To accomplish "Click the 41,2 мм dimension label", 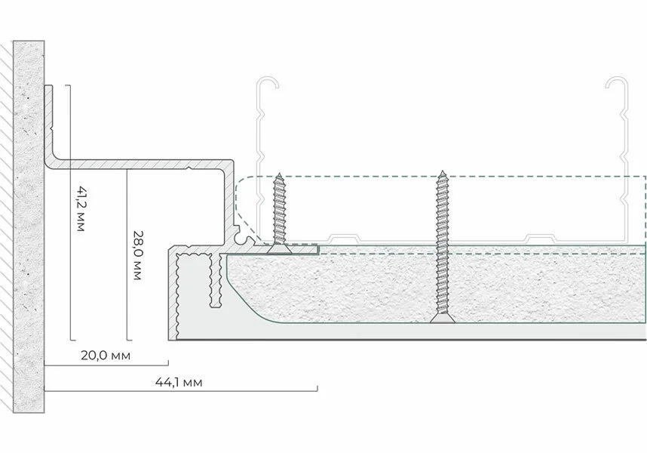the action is pyautogui.click(x=81, y=208).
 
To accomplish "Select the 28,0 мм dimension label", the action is pyautogui.click(x=138, y=255).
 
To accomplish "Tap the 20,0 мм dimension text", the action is pyautogui.click(x=106, y=355).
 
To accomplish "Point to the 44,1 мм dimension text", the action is pyautogui.click(x=179, y=382).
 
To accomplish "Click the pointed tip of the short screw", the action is pyautogui.click(x=279, y=174).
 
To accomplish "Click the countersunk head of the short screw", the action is pyautogui.click(x=279, y=248).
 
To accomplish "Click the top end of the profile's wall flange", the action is pyautogui.click(x=49, y=86).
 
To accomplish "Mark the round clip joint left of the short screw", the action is pyautogui.click(x=239, y=239).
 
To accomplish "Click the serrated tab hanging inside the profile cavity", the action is pyautogui.click(x=215, y=281).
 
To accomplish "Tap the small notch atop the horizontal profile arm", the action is pyautogui.click(x=189, y=168).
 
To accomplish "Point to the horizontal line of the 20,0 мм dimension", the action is pyautogui.click(x=106, y=365).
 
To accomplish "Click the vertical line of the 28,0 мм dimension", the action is pyautogui.click(x=127, y=254).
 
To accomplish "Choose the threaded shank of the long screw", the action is pyautogui.click(x=443, y=245).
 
